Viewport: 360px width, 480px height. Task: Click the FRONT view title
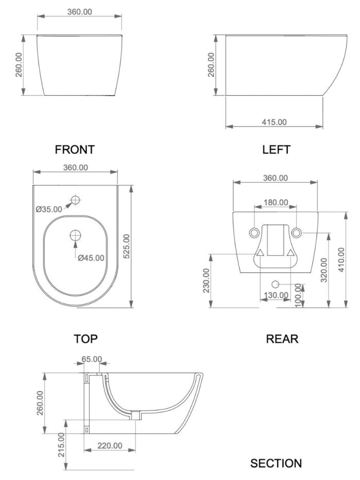coord(75,150)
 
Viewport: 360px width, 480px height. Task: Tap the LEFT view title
coord(276,150)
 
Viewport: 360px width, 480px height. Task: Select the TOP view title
coord(86,339)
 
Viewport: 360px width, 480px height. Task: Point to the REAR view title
coord(282,339)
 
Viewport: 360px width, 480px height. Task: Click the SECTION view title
coord(276,463)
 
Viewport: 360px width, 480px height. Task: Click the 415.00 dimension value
coord(274,122)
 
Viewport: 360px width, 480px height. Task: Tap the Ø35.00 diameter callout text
coord(49,209)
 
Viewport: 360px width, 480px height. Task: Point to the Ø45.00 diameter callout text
coord(91,258)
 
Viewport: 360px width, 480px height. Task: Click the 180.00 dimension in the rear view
coord(276,202)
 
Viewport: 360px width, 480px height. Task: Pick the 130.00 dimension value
coord(276,295)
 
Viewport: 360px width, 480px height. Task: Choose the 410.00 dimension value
coord(341,260)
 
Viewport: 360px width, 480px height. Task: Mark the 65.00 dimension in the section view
coord(92,359)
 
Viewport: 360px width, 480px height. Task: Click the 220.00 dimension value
coord(110,446)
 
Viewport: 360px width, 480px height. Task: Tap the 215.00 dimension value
coord(62,445)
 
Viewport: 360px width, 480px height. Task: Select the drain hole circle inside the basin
coord(76,235)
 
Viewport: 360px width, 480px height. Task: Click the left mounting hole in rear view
coord(254,233)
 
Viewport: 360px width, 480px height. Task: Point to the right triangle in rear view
coord(291,252)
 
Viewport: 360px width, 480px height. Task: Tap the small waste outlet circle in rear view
coord(276,284)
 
